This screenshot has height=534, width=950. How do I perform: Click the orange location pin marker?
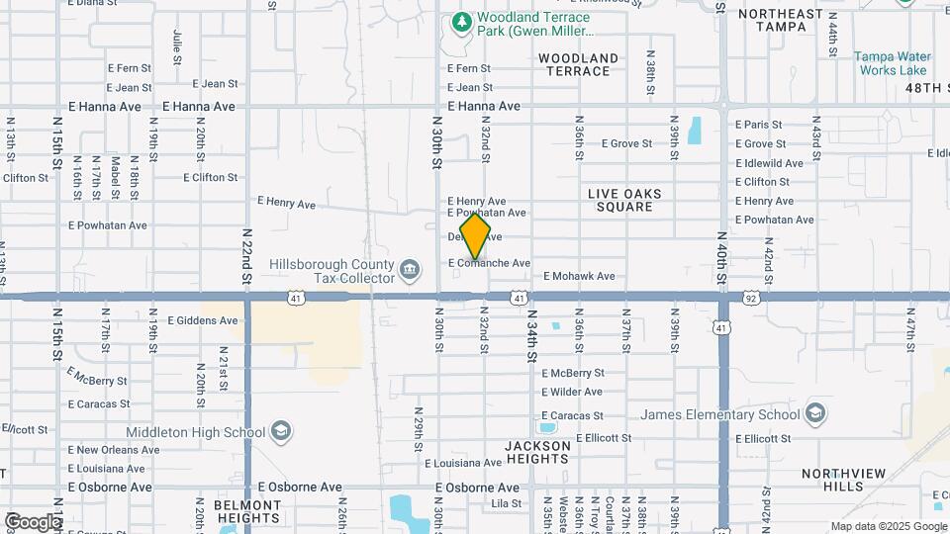point(475,236)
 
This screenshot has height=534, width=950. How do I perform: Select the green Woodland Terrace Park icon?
point(460,21)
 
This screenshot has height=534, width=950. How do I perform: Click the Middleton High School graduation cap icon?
point(281,432)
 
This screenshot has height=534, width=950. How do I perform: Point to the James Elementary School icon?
point(816,412)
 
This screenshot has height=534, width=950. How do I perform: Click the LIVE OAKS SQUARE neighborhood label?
point(624,200)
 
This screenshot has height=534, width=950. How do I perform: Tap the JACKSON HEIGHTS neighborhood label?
point(538,453)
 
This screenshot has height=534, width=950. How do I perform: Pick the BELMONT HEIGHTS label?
point(247,511)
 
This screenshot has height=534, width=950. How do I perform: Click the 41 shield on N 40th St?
point(723,327)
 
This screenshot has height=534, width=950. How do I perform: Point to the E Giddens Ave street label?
point(203,320)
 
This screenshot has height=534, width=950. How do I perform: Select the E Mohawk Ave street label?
point(579,276)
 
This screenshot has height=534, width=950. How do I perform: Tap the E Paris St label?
point(758,125)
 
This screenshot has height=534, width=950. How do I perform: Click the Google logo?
point(32,522)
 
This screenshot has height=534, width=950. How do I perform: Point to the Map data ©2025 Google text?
point(888,526)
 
